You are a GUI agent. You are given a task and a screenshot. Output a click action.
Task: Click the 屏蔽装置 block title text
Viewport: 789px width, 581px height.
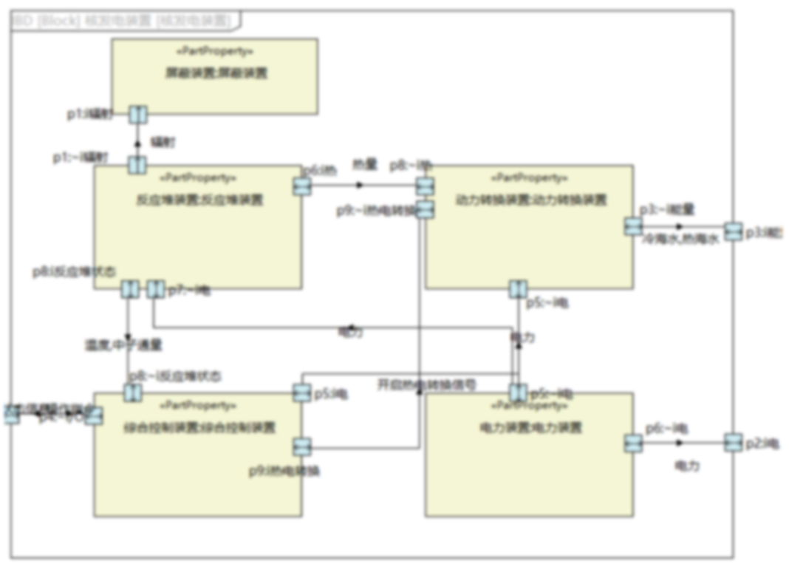click(215, 73)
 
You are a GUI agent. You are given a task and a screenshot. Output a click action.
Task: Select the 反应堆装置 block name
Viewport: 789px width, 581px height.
click(200, 200)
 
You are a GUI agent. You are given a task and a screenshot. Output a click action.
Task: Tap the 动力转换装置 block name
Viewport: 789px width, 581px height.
click(530, 200)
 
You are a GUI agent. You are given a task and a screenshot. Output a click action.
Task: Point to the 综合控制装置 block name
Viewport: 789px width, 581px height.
click(199, 427)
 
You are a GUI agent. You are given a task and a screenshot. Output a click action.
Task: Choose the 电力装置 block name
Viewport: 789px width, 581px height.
click(530, 427)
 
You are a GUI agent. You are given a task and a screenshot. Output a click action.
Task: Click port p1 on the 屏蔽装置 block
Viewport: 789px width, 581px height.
click(137, 115)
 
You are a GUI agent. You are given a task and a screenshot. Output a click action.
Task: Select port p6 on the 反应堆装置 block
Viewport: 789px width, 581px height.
click(301, 186)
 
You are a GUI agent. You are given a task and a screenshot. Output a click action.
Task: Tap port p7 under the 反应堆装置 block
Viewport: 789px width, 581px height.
click(154, 289)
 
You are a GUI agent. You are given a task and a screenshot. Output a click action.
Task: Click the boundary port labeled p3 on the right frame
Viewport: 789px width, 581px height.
click(732, 232)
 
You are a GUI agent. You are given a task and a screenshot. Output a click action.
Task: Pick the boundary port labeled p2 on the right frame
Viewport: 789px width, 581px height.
click(732, 443)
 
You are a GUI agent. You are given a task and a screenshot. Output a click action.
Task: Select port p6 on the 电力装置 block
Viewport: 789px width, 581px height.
click(633, 444)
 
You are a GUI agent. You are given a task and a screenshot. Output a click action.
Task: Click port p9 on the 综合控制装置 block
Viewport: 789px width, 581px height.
click(301, 446)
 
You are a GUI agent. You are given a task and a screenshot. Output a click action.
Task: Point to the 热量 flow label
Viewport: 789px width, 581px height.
click(364, 164)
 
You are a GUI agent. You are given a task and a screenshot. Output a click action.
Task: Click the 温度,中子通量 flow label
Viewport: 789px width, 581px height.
click(123, 344)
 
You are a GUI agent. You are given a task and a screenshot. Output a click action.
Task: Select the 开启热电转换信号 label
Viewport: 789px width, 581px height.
click(427, 384)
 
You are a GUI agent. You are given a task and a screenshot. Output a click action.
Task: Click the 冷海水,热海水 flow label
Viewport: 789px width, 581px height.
click(680, 239)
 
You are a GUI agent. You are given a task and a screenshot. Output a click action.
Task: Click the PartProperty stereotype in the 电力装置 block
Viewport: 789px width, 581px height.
click(530, 405)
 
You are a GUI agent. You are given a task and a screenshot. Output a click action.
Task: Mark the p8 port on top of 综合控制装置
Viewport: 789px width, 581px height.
click(132, 393)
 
